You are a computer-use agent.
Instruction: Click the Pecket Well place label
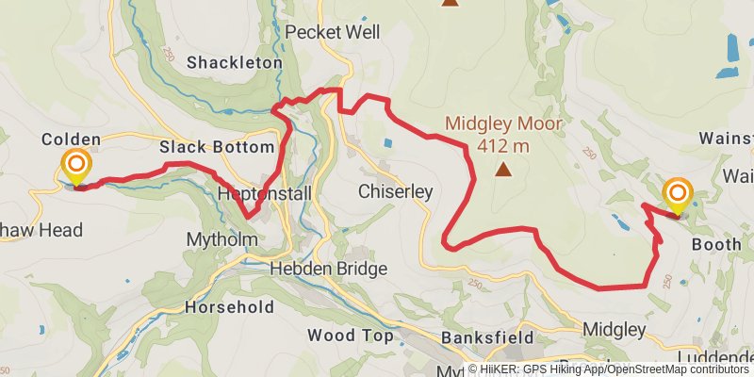(332, 32)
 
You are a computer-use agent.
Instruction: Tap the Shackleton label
(235, 63)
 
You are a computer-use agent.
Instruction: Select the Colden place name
(71, 139)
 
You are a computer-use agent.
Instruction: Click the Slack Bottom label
(217, 148)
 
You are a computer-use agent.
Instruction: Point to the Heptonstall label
(257, 192)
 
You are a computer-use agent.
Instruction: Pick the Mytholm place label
(221, 239)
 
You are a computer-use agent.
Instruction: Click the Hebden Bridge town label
(328, 269)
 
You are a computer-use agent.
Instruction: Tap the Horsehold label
(229, 307)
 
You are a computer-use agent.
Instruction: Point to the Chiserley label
(395, 192)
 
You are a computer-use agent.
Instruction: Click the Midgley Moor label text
(503, 123)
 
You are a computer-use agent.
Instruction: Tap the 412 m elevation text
(503, 146)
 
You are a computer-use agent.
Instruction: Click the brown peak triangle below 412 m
(503, 171)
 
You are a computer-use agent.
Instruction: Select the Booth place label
(715, 243)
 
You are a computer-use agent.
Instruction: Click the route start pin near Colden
(76, 168)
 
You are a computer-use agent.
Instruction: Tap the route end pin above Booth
(678, 196)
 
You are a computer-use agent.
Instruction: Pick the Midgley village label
(615, 330)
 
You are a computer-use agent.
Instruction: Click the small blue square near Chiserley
(387, 143)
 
